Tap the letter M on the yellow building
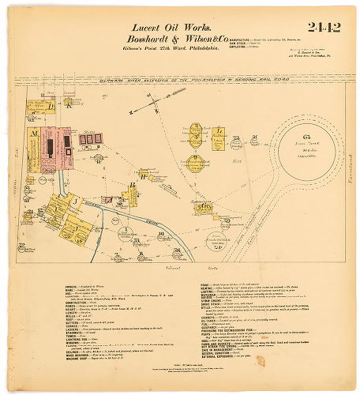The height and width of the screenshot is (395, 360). pos(34,135)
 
